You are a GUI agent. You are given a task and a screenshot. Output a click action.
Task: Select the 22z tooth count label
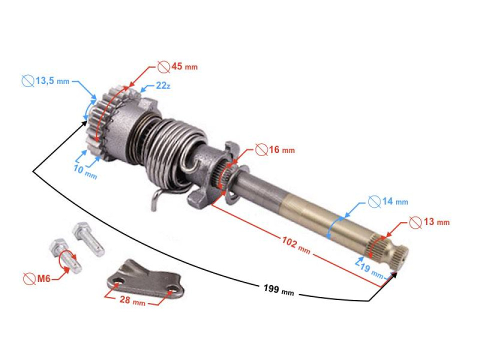pos(163,86)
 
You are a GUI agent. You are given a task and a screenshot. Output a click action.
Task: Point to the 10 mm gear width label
pos(85,172)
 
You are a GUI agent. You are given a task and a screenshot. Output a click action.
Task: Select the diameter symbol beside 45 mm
pos(162,66)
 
